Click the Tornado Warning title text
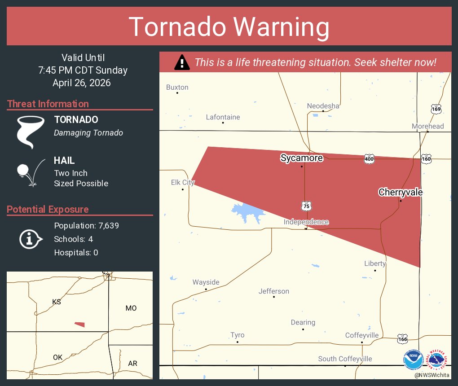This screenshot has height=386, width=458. click(229, 27)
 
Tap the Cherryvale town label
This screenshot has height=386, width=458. click(401, 192)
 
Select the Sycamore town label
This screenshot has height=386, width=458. click(301, 158)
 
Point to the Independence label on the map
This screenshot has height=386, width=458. click(306, 222)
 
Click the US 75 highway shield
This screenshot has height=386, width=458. click(306, 206)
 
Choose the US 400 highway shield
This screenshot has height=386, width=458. click(369, 158)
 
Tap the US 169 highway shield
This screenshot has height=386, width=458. click(436, 109)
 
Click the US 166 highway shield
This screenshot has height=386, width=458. click(402, 339)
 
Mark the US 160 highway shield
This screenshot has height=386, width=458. click(426, 158)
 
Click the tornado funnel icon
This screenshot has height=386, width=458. click(31, 132)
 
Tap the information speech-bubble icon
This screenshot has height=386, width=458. click(31, 239)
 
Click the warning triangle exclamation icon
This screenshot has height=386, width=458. click(182, 62)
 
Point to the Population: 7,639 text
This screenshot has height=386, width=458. click(86, 226)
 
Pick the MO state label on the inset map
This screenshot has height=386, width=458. click(131, 308)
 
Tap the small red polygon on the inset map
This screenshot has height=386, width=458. click(79, 324)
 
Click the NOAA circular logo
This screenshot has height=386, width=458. click(413, 360)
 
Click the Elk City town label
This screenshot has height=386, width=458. click(183, 182)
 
